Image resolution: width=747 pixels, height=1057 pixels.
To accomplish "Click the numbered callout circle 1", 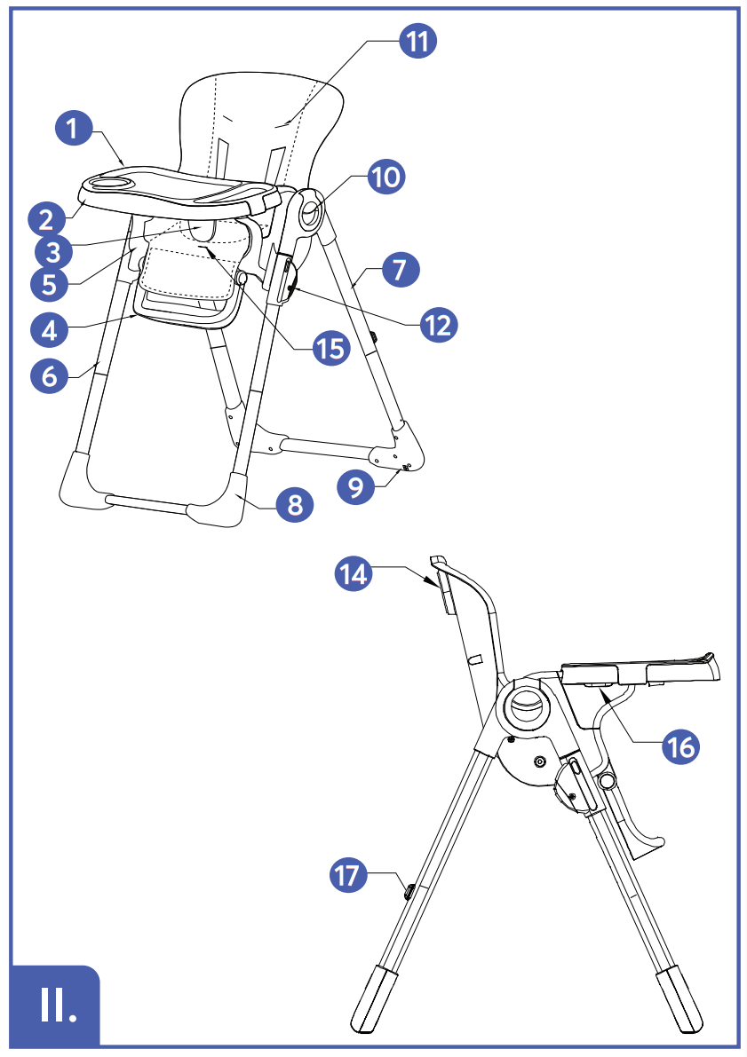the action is point(74,128).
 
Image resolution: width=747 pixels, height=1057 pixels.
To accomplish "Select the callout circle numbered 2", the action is point(46,220).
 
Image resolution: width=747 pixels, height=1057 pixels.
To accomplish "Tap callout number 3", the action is point(53,253).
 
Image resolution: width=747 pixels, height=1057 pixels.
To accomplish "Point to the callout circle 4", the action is point(49,331).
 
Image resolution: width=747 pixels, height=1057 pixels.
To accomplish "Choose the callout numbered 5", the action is point(49,284).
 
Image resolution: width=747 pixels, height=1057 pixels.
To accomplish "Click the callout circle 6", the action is point(49,375).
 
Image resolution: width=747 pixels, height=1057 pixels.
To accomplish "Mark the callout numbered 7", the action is point(401,270).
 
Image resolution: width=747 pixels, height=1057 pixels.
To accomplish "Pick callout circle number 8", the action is point(295,504).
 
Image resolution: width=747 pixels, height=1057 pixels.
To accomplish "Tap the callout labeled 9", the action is point(355,486).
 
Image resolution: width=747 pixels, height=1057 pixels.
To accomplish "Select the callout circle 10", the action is point(386,177).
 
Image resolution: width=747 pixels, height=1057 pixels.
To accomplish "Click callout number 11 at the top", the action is point(417,41).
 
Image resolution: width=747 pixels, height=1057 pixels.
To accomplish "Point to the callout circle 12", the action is point(439,325).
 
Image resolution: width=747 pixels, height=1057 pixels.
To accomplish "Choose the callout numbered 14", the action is point(354,573).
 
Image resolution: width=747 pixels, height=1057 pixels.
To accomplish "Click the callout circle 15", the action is point(331,349).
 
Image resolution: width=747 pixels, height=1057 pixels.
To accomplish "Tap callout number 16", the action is point(681,746).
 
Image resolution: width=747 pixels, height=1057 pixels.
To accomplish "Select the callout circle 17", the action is point(348,875).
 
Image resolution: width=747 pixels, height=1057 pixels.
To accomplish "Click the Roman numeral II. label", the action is point(56,1006).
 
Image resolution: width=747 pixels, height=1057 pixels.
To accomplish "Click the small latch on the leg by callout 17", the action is point(409,891).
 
